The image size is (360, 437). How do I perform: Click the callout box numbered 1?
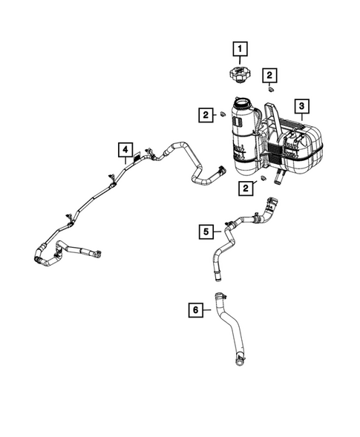(x=240, y=50)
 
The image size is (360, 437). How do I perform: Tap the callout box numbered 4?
(x=127, y=151)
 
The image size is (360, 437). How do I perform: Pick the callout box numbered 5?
(x=207, y=231)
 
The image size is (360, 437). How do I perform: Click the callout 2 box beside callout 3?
(x=269, y=74)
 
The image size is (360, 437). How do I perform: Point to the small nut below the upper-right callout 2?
(x=271, y=90)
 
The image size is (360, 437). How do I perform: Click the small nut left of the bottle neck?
(x=222, y=114)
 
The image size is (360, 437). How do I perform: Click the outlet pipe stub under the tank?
(x=281, y=179)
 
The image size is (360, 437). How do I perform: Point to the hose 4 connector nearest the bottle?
(x=220, y=171)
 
